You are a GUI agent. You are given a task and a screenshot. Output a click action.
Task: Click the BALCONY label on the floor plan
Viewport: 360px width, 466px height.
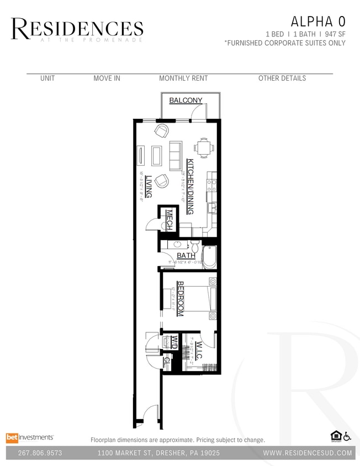(186, 100)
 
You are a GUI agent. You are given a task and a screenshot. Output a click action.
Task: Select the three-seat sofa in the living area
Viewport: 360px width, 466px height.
(175, 156)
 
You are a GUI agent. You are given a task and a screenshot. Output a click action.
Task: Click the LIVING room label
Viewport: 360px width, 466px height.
(149, 187)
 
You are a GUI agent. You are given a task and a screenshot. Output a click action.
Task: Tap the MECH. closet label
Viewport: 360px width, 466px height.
(169, 220)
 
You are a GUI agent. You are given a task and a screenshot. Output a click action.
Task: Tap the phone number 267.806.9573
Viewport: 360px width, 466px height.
(39, 453)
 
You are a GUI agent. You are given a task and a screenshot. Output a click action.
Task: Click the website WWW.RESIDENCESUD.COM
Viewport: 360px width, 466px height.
(308, 453)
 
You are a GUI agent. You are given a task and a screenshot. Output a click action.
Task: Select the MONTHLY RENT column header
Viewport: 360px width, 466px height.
(183, 78)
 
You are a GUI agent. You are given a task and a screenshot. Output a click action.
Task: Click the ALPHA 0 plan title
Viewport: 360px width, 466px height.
(318, 22)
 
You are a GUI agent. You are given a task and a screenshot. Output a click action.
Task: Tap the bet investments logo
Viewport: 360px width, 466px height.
(30, 437)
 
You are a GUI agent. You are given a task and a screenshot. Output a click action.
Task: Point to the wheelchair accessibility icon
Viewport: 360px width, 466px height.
(347, 437)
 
